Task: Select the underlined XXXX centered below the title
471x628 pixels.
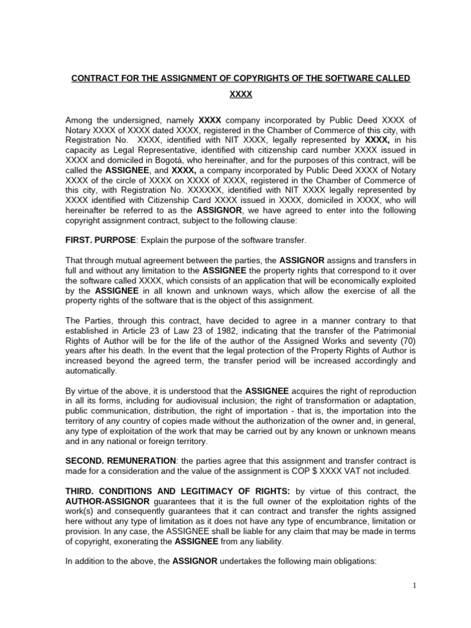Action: pyautogui.click(x=240, y=96)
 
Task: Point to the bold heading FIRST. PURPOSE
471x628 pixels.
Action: pyautogui.click(x=99, y=239)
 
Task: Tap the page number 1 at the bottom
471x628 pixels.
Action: pyautogui.click(x=415, y=586)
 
